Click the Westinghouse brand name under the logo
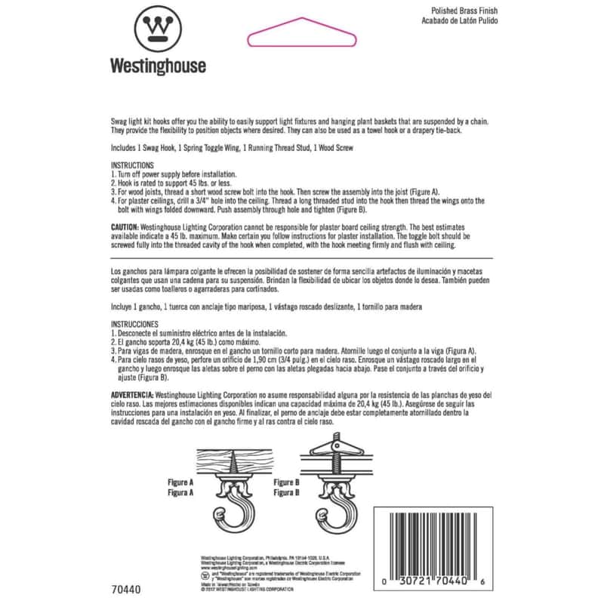(x=159, y=66)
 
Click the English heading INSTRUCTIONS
(x=132, y=165)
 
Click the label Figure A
(x=182, y=481)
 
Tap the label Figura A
(x=182, y=491)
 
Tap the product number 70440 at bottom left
(x=125, y=589)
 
